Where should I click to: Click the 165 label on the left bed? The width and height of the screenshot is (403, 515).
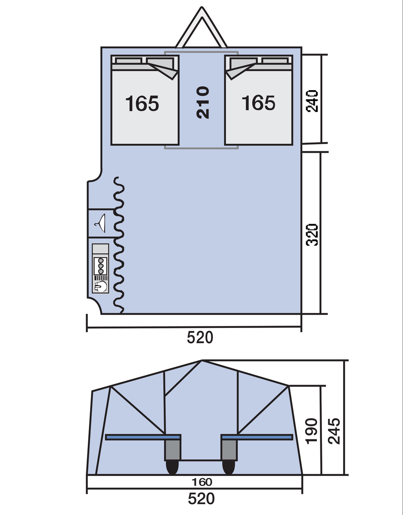(x=142, y=103)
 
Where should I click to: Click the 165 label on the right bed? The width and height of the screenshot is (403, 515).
(x=259, y=103)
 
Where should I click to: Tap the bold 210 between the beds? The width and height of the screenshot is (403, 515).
(x=203, y=102)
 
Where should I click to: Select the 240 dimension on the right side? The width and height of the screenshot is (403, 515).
(x=312, y=101)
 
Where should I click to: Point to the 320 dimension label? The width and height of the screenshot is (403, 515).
(x=312, y=235)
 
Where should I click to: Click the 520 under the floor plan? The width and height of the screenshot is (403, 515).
(x=200, y=337)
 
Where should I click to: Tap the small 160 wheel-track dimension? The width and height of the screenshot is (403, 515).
(x=202, y=481)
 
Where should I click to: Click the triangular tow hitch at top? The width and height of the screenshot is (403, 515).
(x=201, y=27)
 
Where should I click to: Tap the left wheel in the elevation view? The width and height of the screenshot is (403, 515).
(x=172, y=467)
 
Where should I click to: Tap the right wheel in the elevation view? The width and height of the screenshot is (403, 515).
(x=228, y=467)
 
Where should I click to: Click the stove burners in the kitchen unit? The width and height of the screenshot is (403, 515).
(x=101, y=266)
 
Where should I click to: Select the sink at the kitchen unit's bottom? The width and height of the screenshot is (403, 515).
(x=100, y=287)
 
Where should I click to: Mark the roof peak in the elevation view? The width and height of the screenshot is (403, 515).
(x=202, y=361)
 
